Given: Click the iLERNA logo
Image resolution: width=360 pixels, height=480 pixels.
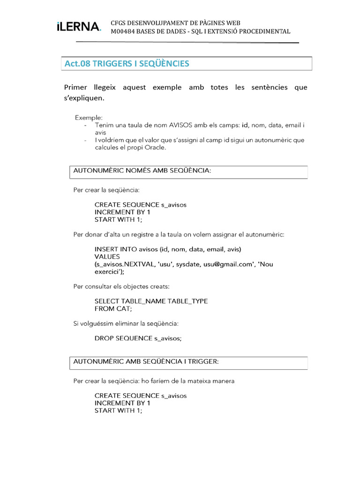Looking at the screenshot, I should pyautogui.click(x=78, y=27).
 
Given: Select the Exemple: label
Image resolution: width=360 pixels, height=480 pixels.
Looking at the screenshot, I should pyautogui.click(x=89, y=117).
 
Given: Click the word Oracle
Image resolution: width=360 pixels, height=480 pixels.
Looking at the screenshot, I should pyautogui.click(x=154, y=147).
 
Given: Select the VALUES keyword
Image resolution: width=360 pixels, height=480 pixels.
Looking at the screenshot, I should pyautogui.click(x=107, y=256).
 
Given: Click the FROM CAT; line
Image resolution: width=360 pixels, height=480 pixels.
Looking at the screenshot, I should pyautogui.click(x=113, y=308).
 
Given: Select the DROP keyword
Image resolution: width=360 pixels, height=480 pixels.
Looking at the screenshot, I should pyautogui.click(x=104, y=338).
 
